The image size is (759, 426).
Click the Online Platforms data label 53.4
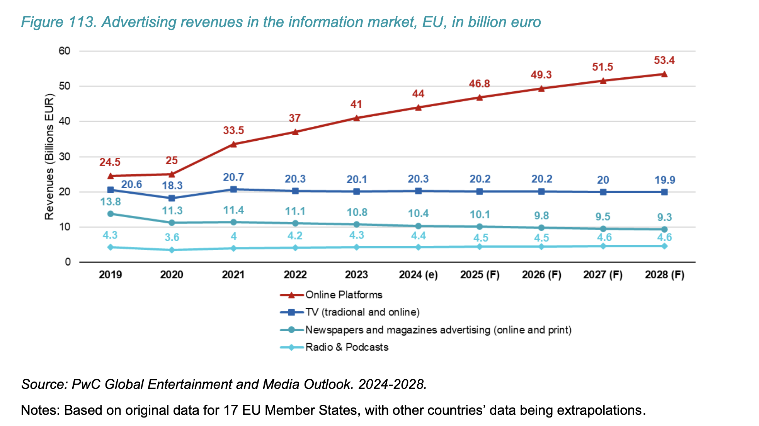click(x=664, y=60)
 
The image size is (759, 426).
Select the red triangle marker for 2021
click(x=233, y=144)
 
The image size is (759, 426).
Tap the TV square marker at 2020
click(x=172, y=198)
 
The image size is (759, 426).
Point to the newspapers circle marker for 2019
click(x=111, y=214)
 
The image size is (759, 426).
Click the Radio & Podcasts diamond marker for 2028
click(x=664, y=246)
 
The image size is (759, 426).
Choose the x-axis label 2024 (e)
click(x=418, y=275)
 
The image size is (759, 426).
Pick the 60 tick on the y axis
click(x=65, y=51)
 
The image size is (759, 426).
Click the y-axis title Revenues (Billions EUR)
click(x=49, y=157)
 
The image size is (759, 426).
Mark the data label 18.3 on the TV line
click(x=172, y=186)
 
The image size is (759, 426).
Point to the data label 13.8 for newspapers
click(x=111, y=202)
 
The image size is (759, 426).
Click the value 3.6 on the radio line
click(x=172, y=237)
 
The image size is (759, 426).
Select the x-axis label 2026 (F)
click(x=541, y=275)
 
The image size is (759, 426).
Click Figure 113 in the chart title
click(x=58, y=22)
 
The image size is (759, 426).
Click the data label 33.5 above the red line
click(x=233, y=131)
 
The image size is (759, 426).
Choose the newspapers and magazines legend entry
click(x=438, y=330)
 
